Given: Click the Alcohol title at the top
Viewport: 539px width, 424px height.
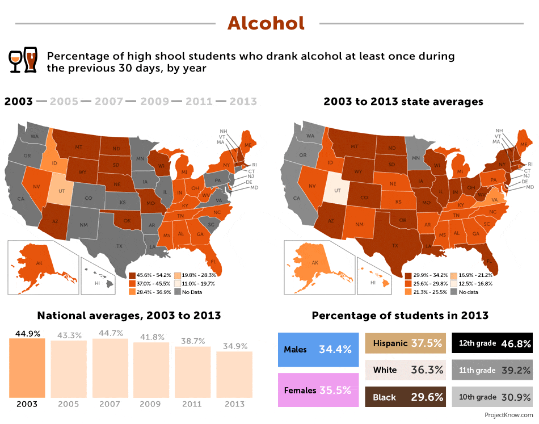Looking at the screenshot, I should tap(266, 23).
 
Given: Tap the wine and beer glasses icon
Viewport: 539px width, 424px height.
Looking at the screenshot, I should tap(23, 61).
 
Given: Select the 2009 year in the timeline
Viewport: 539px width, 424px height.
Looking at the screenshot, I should tap(154, 102).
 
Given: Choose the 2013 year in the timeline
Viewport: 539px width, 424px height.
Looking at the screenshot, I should tap(243, 102).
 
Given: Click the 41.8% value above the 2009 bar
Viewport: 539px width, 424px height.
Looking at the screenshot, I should tap(151, 337).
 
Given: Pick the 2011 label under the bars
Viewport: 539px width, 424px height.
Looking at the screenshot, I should tap(192, 404).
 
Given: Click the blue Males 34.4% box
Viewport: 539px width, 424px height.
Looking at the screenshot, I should tap(318, 350).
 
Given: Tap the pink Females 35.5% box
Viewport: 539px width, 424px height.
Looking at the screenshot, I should tap(318, 390).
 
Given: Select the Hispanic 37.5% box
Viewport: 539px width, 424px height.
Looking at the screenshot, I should tap(404, 343).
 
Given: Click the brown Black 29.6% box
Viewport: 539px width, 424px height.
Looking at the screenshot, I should tap(404, 397).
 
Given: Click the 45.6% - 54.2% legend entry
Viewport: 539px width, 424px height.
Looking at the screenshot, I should tap(150, 275).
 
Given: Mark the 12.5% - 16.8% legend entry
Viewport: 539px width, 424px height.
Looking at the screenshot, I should tap(474, 283).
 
